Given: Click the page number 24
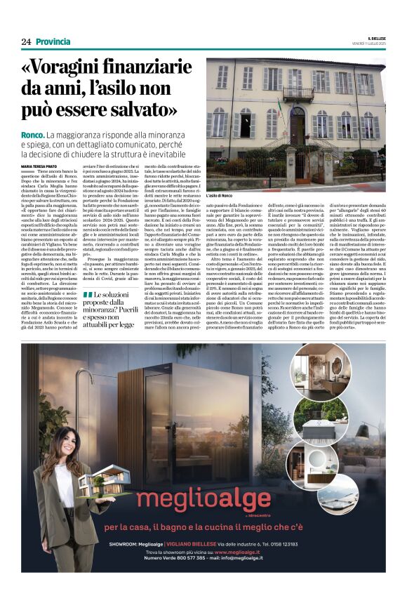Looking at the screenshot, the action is click(26, 41).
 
